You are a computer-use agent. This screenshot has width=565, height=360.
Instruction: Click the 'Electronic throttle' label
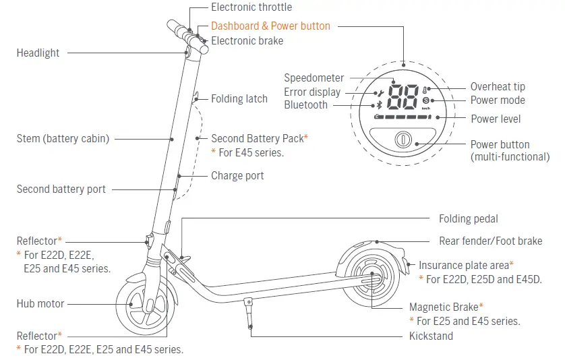(x=251, y=7)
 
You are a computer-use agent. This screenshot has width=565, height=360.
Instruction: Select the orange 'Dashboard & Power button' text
(x=270, y=26)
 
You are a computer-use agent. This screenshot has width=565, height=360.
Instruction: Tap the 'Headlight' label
(x=38, y=53)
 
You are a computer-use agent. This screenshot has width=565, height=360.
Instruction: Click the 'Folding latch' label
(x=239, y=98)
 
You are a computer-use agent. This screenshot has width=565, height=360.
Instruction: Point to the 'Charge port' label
(x=237, y=176)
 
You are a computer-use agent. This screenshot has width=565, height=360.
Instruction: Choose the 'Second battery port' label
(x=61, y=189)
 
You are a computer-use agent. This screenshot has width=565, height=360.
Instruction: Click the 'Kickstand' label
(x=431, y=336)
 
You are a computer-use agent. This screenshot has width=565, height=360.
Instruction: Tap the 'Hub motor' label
(x=40, y=304)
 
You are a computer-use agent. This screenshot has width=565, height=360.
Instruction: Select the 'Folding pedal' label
(x=469, y=219)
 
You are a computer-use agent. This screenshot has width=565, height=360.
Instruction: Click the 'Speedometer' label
(x=314, y=78)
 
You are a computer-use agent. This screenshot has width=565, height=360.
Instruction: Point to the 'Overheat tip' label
(x=498, y=87)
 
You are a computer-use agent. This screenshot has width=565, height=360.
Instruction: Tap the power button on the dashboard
(x=403, y=140)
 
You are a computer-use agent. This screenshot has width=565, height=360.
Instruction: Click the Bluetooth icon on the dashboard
(x=379, y=104)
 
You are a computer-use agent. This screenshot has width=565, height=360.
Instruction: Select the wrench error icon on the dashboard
(x=380, y=92)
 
